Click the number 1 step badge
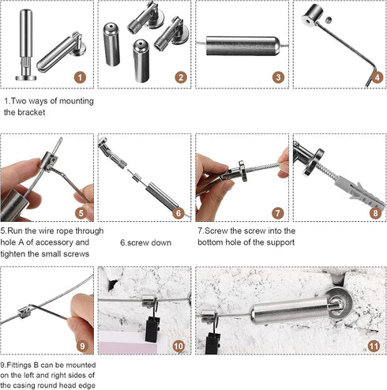click(80, 77)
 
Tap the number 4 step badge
click(378, 77)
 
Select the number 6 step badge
click(178, 213)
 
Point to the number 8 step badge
click(376, 213)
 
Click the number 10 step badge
click(178, 346)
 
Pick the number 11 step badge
click(374, 346)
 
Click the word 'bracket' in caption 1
click(32, 112)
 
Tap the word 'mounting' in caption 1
click(77, 101)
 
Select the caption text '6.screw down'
click(145, 242)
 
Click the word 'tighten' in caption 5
click(13, 253)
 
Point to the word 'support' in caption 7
click(280, 242)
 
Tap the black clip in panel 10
click(152, 328)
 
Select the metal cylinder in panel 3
click(242, 46)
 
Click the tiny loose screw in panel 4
click(328, 19)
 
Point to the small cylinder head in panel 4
click(313, 15)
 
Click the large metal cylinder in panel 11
click(289, 310)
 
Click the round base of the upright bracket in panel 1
click(26, 78)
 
